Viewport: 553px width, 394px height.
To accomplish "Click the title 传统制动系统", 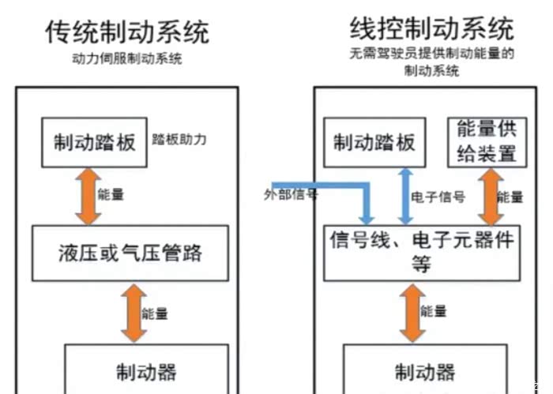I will click(x=127, y=32).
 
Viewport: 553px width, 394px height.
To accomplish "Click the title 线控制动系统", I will click(x=431, y=30).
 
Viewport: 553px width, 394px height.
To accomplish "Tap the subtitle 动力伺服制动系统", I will click(x=127, y=59).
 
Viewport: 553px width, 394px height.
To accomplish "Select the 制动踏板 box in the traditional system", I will click(x=95, y=142).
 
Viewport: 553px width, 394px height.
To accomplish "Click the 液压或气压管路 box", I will click(x=130, y=253).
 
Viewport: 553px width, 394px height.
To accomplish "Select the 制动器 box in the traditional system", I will click(x=146, y=370).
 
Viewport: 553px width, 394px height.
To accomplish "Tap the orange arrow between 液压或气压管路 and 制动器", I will click(x=130, y=313).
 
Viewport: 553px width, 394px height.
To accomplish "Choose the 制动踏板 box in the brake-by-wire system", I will click(x=374, y=142).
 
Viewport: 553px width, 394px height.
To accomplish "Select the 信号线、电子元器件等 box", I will click(x=423, y=252).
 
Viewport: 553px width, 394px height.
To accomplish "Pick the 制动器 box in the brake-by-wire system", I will click(x=425, y=370).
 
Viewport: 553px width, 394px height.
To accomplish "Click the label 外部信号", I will click(x=291, y=194).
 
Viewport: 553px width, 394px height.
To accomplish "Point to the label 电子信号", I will click(x=438, y=197).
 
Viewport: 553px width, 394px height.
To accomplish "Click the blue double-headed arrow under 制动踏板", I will click(x=404, y=196).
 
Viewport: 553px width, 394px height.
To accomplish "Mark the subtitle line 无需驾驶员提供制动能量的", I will click(x=431, y=55).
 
